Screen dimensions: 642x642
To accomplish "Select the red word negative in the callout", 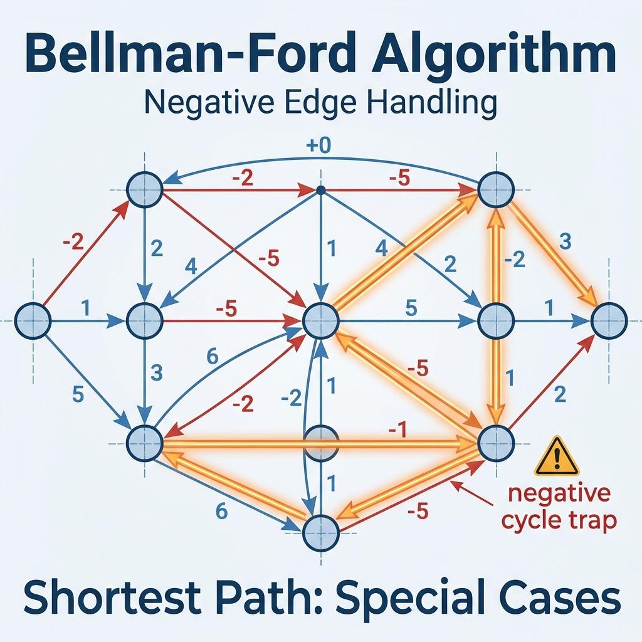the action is pyautogui.click(x=559, y=493).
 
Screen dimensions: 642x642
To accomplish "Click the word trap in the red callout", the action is pyautogui.click(x=588, y=520).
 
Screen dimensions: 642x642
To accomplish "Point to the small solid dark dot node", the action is pyautogui.click(x=320, y=189).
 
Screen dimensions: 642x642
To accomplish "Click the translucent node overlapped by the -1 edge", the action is pyautogui.click(x=320, y=438).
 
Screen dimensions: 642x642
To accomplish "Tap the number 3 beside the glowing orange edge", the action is pyautogui.click(x=564, y=241).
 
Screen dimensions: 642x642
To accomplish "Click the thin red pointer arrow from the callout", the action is pyautogui.click(x=479, y=493).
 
